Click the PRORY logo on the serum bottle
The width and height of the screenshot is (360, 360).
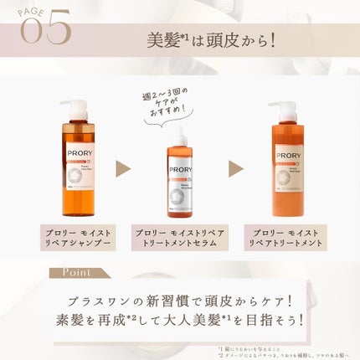point(181,169)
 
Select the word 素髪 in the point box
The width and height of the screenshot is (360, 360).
point(68,321)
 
